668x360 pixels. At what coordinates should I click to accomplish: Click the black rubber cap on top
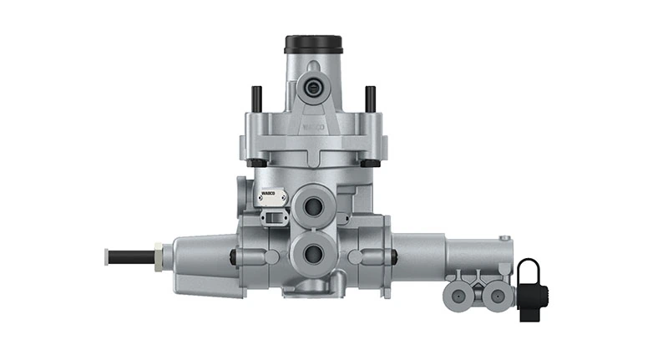coord(313,43)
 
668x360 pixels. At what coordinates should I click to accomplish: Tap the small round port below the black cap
coord(313,88)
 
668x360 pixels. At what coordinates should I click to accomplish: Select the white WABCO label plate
coord(270,197)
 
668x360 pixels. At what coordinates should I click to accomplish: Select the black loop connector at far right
coord(529,288)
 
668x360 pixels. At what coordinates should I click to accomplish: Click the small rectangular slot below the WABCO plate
coord(273,218)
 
